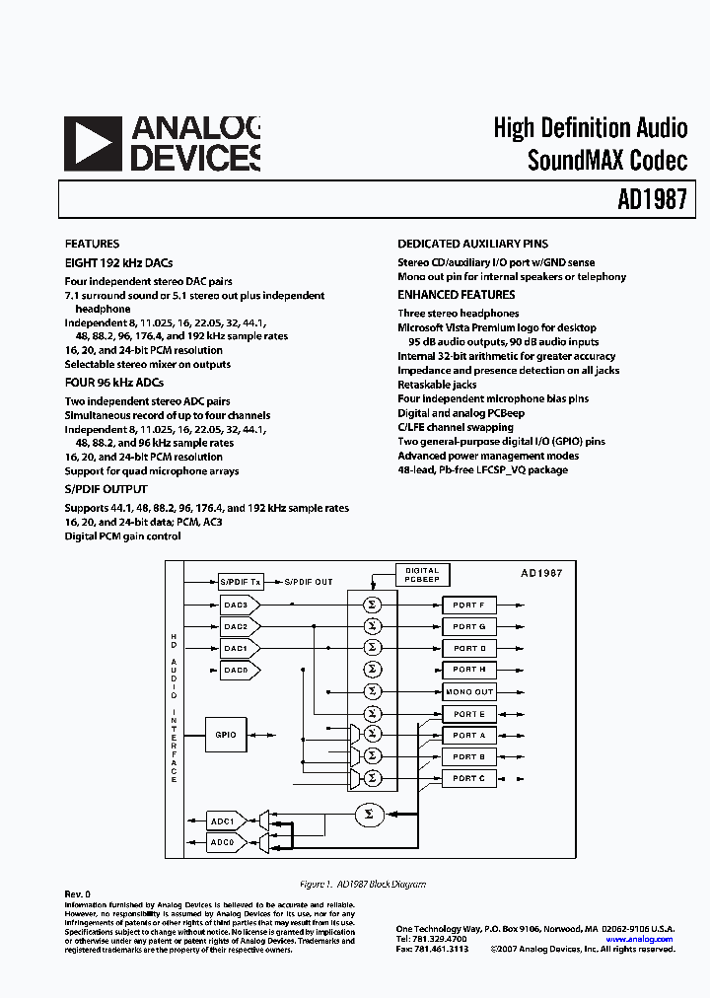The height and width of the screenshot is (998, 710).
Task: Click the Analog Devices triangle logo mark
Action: (93, 144)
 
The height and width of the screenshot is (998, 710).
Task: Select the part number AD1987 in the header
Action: (657, 200)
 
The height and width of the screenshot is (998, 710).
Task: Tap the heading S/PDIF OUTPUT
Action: (106, 489)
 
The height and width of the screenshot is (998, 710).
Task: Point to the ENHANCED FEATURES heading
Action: (456, 295)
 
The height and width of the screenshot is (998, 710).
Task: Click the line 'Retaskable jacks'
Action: (437, 385)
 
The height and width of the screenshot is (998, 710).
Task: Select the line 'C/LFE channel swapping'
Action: (455, 427)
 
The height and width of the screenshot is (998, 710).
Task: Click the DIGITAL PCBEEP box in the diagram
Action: (422, 575)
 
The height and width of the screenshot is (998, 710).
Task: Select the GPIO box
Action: (226, 735)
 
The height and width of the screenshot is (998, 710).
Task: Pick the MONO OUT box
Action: (468, 692)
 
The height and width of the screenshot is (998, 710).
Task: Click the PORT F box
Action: (468, 605)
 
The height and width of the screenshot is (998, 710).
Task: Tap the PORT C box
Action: (468, 779)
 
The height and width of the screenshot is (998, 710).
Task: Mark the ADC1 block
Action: (223, 820)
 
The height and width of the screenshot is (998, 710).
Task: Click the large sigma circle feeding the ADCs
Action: (369, 814)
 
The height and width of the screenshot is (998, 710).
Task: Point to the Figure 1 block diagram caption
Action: (362, 885)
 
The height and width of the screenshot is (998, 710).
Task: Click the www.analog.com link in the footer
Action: (639, 939)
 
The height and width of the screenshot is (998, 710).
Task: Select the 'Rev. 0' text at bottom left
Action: (77, 893)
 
